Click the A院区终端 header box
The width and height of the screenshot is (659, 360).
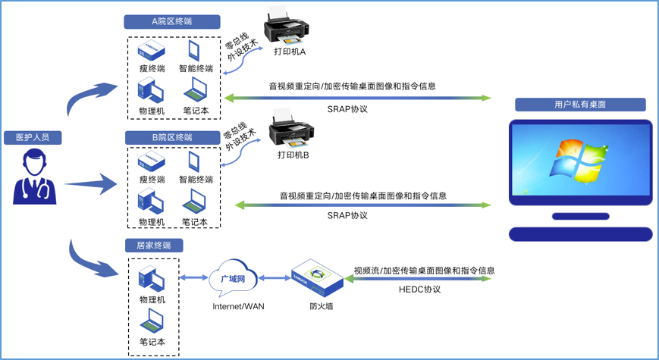coord(172,22)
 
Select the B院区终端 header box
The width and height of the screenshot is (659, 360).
coord(172,137)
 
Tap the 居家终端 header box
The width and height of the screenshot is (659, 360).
coord(154,246)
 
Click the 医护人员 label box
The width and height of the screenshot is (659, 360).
coord(32,137)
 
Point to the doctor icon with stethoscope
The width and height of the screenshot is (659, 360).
coord(35,177)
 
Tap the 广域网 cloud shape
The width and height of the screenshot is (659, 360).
coord(233,280)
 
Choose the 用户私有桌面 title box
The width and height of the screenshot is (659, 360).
coord(580,105)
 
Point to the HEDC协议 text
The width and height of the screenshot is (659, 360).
coord(419,290)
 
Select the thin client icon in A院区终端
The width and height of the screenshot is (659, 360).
coord(152,52)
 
